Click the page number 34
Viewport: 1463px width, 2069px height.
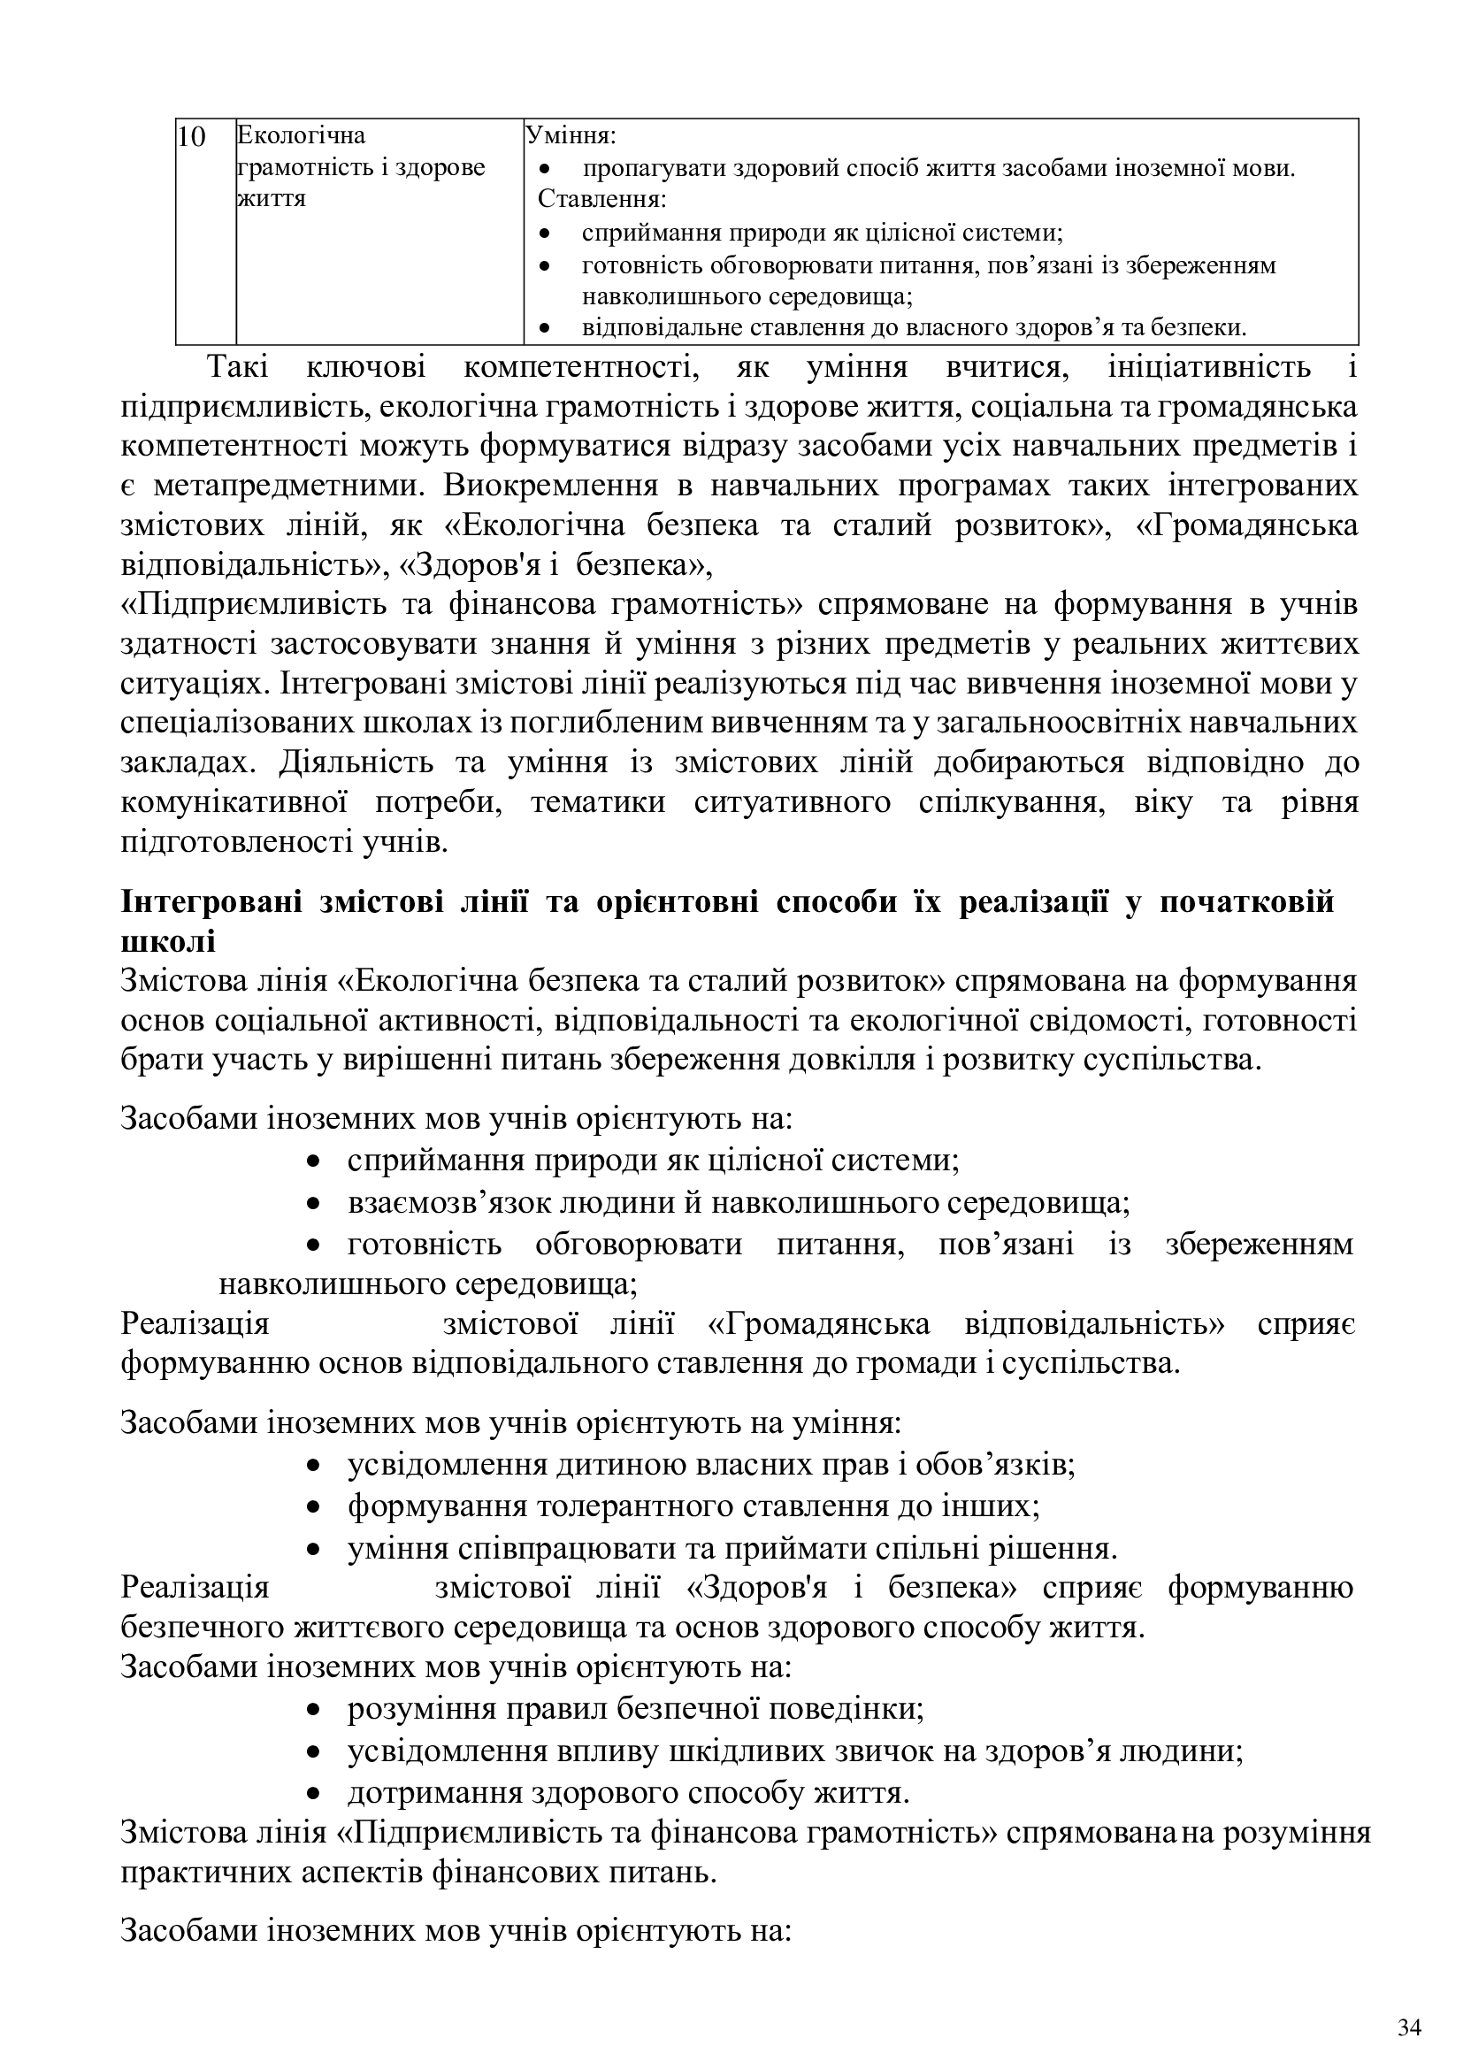(1409, 2004)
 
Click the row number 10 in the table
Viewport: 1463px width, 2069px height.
(192, 137)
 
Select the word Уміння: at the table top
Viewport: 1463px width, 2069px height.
(571, 136)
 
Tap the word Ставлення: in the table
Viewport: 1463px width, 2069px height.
(601, 198)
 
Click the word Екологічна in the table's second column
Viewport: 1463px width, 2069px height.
(301, 136)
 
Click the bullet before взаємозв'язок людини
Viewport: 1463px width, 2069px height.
(313, 1204)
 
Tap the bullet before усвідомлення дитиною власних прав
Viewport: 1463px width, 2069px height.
(313, 1466)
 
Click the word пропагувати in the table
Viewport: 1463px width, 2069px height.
(641, 169)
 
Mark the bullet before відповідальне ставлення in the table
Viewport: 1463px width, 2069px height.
(543, 328)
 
